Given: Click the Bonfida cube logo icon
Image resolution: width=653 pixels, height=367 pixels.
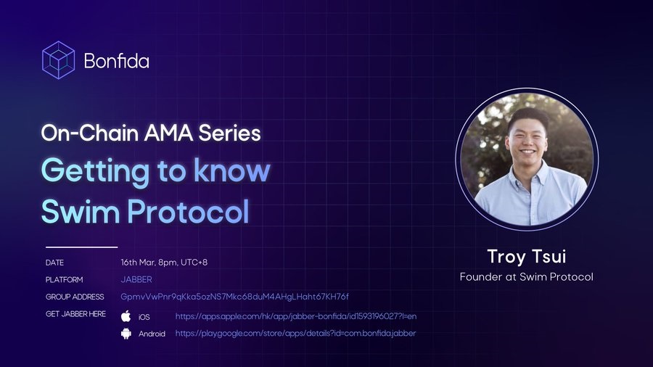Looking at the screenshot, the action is pyautogui.click(x=59, y=60).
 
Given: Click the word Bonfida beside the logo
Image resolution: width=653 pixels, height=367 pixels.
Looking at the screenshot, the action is pyautogui.click(x=117, y=61).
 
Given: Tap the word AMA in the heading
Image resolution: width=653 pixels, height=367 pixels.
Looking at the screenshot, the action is pyautogui.click(x=168, y=133).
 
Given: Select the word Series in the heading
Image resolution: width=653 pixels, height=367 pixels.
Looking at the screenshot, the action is pyautogui.click(x=229, y=133).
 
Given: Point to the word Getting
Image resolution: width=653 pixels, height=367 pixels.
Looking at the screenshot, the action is pyautogui.click(x=95, y=172).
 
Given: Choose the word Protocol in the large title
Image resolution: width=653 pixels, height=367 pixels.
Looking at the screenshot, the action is pyautogui.click(x=188, y=211).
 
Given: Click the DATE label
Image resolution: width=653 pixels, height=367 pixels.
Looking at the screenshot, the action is pyautogui.click(x=54, y=263).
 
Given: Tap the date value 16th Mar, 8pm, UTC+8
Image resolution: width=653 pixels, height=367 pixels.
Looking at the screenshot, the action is pyautogui.click(x=164, y=263).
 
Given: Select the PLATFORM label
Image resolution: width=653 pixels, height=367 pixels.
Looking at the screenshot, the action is pyautogui.click(x=64, y=280).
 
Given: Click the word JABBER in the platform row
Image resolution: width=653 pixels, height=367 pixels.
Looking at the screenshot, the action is pyautogui.click(x=136, y=280).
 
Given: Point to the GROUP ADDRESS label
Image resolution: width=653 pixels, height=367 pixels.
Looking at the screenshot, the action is pyautogui.click(x=75, y=297).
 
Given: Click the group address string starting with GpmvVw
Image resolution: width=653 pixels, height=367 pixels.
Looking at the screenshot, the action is pyautogui.click(x=234, y=297).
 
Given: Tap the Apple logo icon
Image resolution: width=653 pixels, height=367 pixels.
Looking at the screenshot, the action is pyautogui.click(x=126, y=316).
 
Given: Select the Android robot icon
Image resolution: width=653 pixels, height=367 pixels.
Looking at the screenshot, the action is pyautogui.click(x=126, y=334).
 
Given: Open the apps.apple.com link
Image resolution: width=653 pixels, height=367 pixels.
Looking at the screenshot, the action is pyautogui.click(x=296, y=316).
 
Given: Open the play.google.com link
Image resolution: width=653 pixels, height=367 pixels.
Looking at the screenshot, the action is pyautogui.click(x=295, y=334).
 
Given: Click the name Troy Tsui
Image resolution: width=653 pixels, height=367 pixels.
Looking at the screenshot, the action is pyautogui.click(x=527, y=257).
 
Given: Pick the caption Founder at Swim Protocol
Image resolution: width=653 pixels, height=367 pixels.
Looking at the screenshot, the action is pyautogui.click(x=527, y=277).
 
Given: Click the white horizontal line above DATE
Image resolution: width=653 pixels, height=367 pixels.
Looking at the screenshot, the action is pyautogui.click(x=81, y=247).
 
